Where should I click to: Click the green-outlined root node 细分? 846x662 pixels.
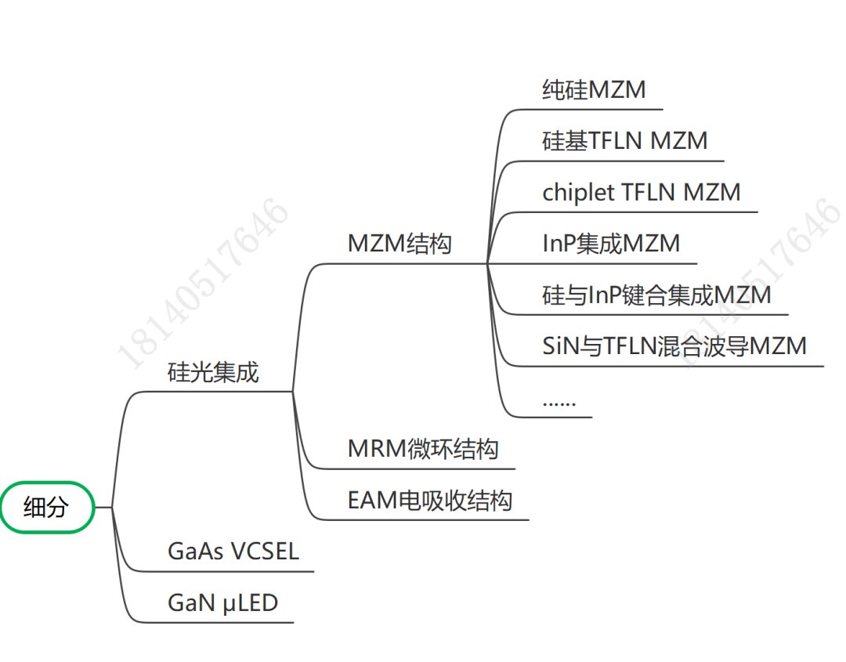[x=47, y=508]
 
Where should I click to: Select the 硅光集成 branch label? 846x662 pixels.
[x=213, y=373]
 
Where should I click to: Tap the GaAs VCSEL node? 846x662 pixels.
[x=233, y=552]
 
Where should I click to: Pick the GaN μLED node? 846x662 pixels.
[x=222, y=603]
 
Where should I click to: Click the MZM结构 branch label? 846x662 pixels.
[x=399, y=244]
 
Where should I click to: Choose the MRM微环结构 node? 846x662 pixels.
[x=423, y=450]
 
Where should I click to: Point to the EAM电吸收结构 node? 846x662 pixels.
[x=430, y=501]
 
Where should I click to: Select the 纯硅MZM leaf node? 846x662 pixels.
[x=594, y=90]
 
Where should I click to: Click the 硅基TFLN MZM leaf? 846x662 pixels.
[x=624, y=141]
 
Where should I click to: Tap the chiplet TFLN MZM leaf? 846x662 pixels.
[x=641, y=193]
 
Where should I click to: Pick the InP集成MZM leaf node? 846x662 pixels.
[x=611, y=244]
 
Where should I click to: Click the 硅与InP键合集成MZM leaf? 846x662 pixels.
[x=656, y=295]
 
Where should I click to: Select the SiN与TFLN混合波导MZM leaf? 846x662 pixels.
[x=674, y=346]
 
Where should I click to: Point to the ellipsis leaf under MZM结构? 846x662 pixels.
[x=559, y=401]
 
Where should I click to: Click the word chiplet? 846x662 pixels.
[x=578, y=193]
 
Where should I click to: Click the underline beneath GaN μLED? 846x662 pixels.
[x=219, y=622]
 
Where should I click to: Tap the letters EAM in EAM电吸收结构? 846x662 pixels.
[x=372, y=501]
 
